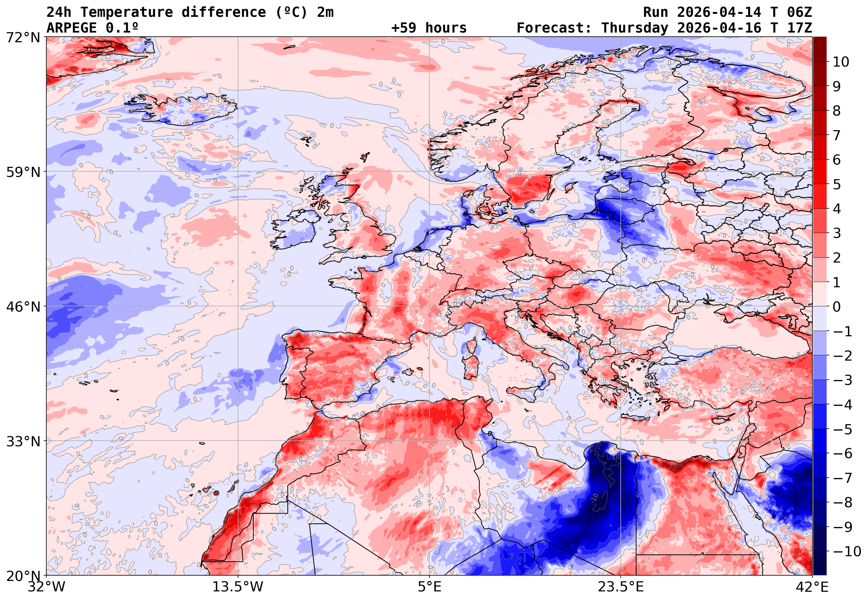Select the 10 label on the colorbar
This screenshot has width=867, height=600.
[x=841, y=62]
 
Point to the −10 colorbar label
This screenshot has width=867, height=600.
[x=847, y=552]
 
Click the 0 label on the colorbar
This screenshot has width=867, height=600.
[x=837, y=307]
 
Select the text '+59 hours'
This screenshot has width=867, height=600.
[x=429, y=28]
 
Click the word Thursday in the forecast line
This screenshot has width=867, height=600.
[x=635, y=28]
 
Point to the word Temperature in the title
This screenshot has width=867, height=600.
[x=127, y=12]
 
